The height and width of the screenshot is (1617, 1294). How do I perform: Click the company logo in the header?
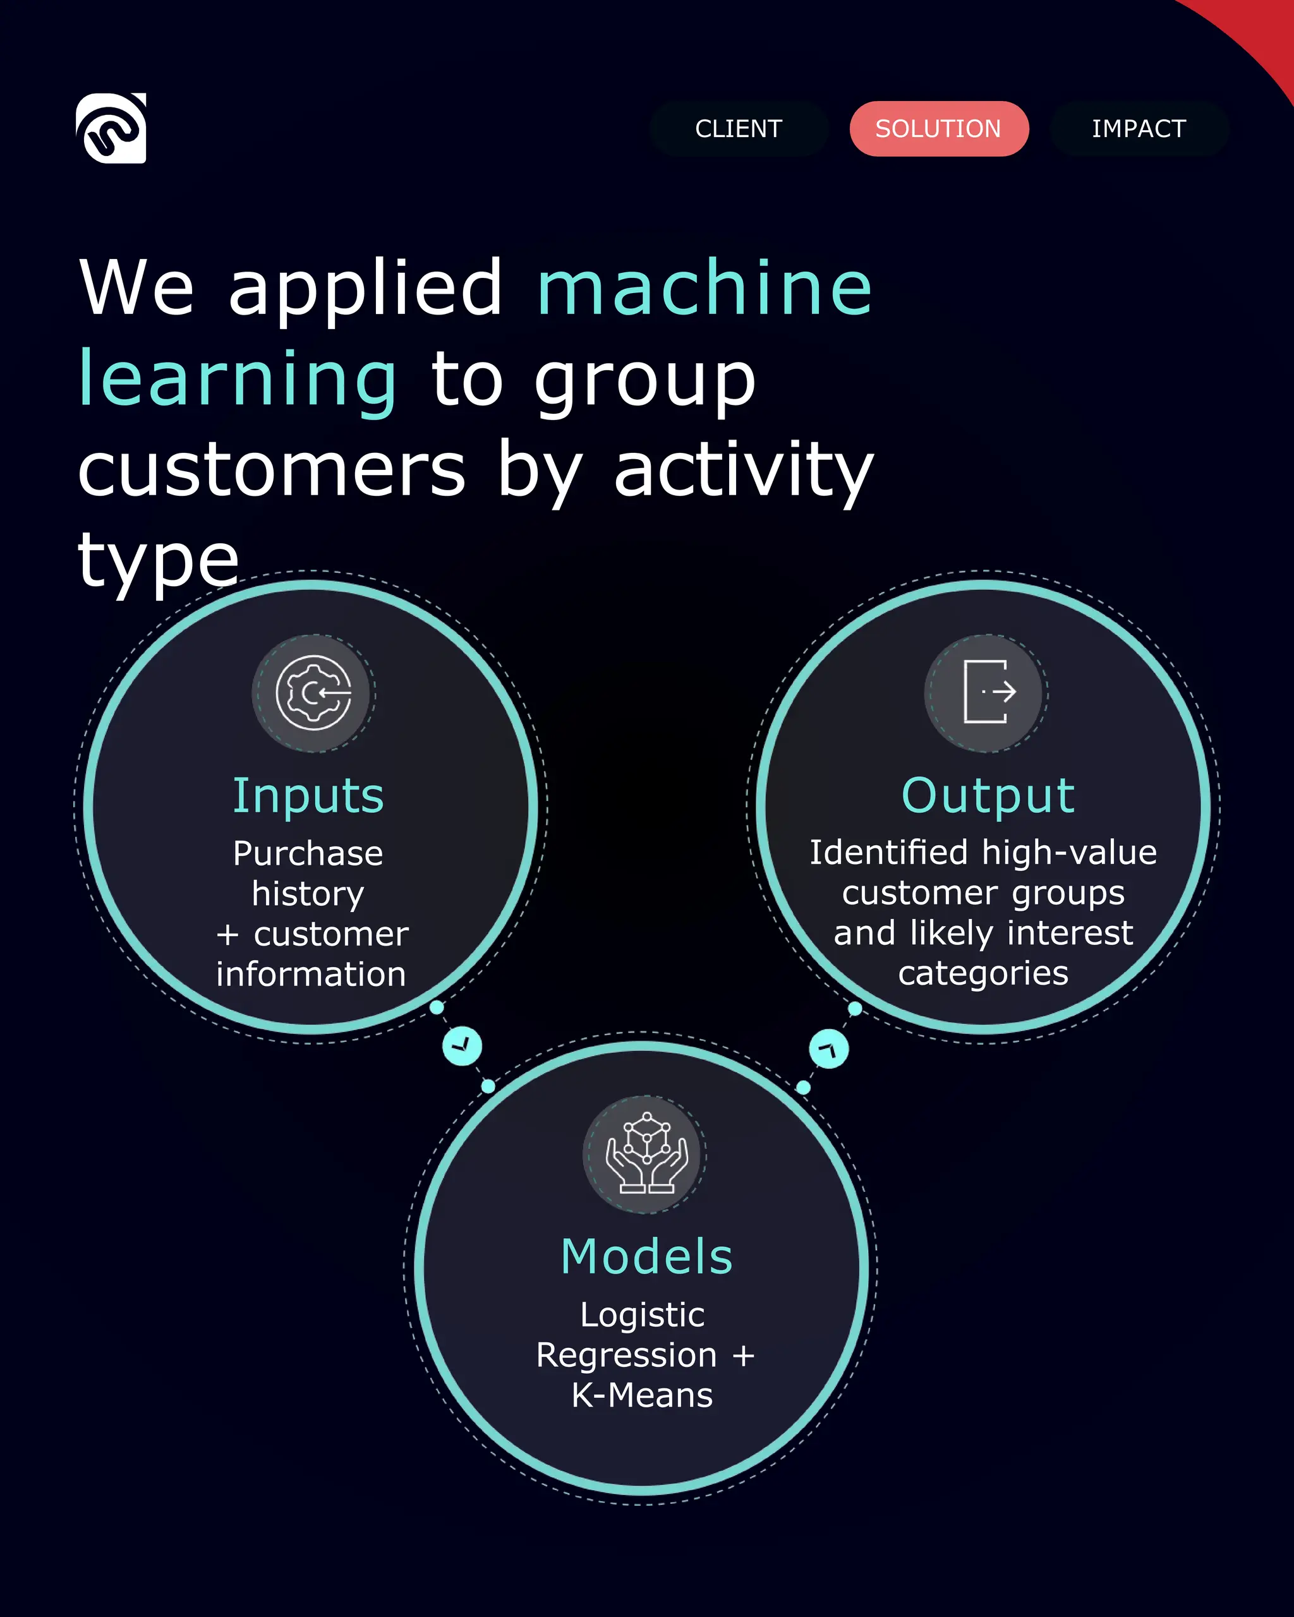tap(111, 128)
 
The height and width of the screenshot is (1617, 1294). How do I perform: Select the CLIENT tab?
tap(739, 129)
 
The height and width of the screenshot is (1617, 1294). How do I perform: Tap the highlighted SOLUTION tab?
tap(938, 129)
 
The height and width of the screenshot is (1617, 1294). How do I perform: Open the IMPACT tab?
tap(1139, 129)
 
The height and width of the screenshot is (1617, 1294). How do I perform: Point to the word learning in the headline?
tap(238, 380)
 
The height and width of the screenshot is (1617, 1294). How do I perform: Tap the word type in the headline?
tap(159, 561)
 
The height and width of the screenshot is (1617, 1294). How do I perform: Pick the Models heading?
tap(646, 1256)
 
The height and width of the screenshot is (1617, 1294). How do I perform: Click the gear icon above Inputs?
tap(313, 693)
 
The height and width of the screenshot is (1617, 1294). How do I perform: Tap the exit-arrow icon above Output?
tap(986, 693)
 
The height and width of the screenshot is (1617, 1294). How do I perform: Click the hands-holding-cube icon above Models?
tap(646, 1153)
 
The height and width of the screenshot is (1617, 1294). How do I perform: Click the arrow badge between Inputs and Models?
tap(462, 1045)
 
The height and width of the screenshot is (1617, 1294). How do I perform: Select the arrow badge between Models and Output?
tap(829, 1049)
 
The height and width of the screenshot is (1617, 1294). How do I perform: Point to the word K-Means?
tap(642, 1395)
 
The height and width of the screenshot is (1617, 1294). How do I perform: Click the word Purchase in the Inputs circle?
tap(308, 853)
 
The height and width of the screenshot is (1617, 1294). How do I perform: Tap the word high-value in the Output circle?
tap(1069, 853)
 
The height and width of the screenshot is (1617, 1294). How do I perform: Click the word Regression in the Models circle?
tap(626, 1356)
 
